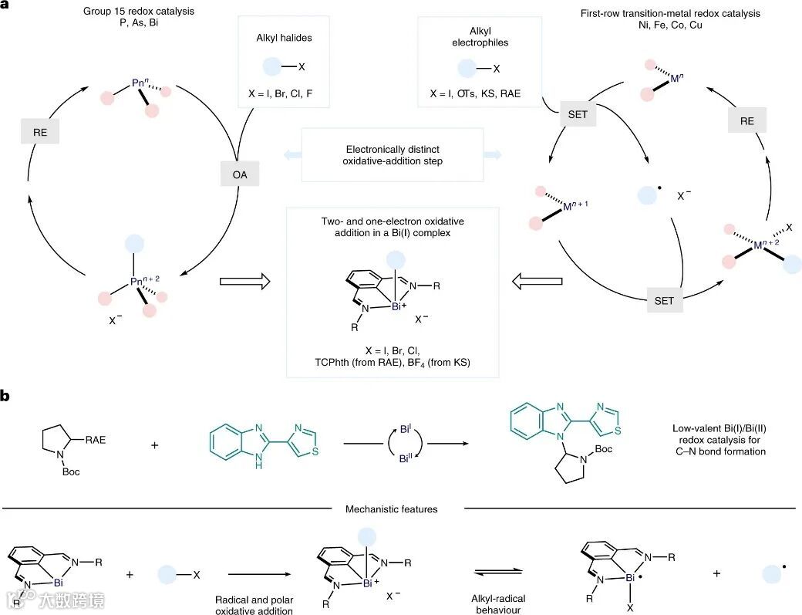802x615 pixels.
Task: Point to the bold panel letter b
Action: tap(5, 396)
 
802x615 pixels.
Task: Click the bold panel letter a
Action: tap(5, 5)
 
